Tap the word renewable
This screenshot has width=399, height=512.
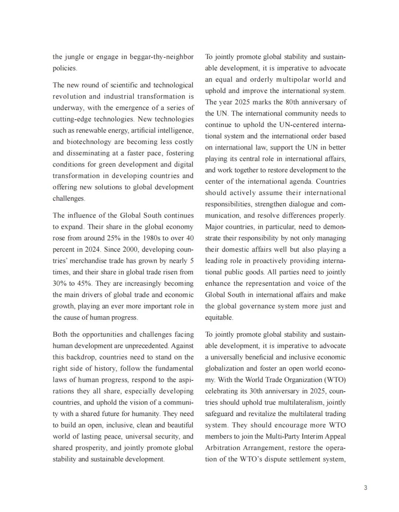[x=93, y=130]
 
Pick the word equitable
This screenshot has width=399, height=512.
[x=219, y=317]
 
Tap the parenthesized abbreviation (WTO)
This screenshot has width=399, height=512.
[x=335, y=380]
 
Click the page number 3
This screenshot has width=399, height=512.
[x=365, y=488]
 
